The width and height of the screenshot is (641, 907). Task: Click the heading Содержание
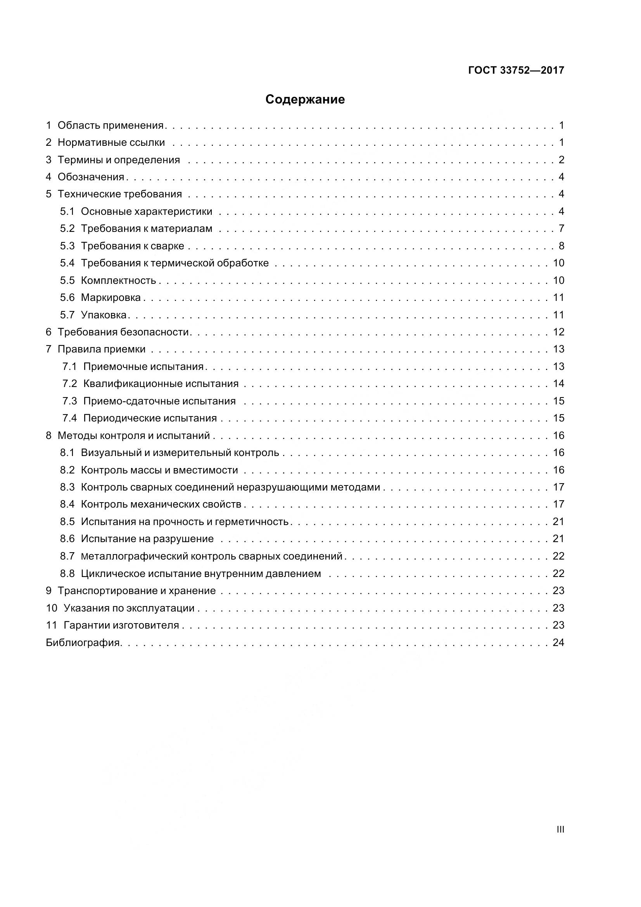coord(305,100)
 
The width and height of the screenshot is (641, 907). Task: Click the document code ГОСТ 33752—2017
coord(516,70)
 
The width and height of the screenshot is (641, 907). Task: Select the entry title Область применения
coord(111,126)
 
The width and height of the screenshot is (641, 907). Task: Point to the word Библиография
coord(83,643)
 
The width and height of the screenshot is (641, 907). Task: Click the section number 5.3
coord(67,246)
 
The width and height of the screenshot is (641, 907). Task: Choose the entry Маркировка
coord(111,298)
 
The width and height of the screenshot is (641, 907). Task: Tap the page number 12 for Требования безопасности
coord(558,332)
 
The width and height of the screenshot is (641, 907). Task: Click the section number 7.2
coord(69,384)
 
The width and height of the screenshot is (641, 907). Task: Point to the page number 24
coord(558,643)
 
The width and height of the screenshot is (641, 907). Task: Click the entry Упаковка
coord(104,315)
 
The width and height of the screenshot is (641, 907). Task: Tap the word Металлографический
coord(134,556)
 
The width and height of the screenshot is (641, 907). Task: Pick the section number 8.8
coord(67,574)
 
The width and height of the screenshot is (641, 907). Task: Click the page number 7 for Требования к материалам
coord(562,229)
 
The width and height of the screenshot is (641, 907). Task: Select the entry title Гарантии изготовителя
coord(121,625)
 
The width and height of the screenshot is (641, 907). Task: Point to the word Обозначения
coord(91,177)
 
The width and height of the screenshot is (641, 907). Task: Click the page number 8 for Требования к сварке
coord(562,246)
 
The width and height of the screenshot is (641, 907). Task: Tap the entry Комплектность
coord(119,281)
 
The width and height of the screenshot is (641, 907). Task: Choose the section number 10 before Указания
coord(52,608)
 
